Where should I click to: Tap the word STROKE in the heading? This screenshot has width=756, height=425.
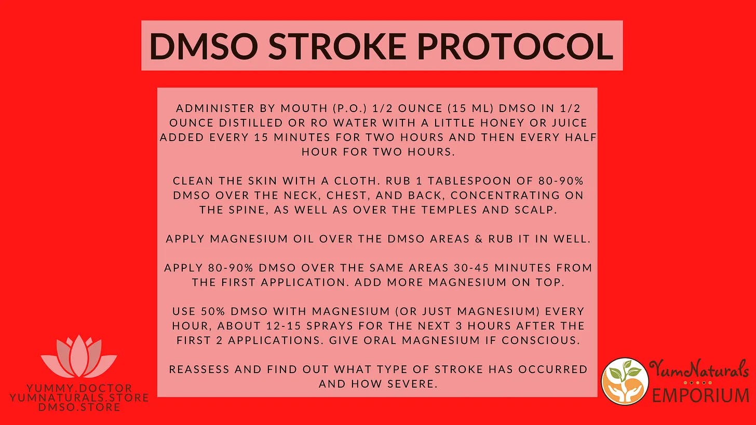[x=337, y=46]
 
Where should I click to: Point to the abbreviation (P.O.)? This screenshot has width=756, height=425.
[x=349, y=108]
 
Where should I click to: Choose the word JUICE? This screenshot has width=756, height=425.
[x=570, y=123]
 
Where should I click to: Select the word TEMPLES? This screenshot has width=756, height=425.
[x=449, y=210]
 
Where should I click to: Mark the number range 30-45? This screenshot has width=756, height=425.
[x=471, y=268]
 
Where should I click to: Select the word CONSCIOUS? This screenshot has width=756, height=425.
[x=541, y=340]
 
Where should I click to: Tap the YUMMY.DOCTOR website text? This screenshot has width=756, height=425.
[x=79, y=388]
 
